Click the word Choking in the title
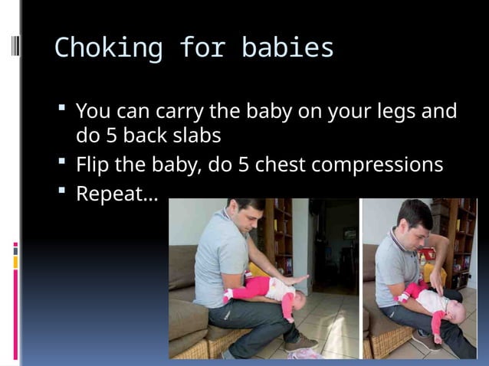(107, 48)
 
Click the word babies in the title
(287, 48)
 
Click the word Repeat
(115, 194)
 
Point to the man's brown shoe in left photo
(300, 341)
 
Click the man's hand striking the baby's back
(294, 281)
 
